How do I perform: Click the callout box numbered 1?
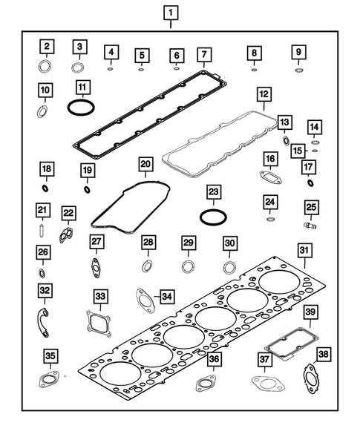click(x=171, y=13)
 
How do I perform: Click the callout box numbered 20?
click(x=146, y=162)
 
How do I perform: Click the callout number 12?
click(x=263, y=94)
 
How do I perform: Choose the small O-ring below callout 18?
click(x=46, y=188)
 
